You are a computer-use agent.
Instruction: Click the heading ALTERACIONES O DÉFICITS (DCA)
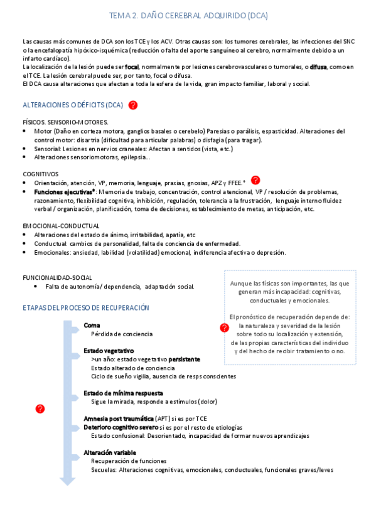coord(73,105)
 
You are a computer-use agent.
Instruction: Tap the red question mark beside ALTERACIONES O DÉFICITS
coord(133,105)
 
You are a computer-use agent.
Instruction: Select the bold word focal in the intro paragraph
coord(132,66)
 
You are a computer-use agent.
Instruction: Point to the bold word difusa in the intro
coord(319,66)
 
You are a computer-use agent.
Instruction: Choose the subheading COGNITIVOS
coord(41,174)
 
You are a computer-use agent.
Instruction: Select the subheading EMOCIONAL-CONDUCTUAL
coord(61,225)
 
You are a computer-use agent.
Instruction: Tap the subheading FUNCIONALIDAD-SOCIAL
coord(57,277)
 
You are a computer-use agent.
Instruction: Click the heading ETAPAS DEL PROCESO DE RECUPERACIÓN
coord(86,307)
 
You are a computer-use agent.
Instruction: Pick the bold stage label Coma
coord(92,325)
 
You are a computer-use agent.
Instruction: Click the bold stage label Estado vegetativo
coord(109,350)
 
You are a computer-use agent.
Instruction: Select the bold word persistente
coord(184,359)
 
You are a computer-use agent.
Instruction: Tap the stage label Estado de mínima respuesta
coord(122,393)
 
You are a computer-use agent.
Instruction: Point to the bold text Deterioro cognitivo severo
coord(121,427)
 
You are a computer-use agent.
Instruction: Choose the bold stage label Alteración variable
coord(110,452)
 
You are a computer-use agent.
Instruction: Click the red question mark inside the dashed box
coord(224,327)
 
